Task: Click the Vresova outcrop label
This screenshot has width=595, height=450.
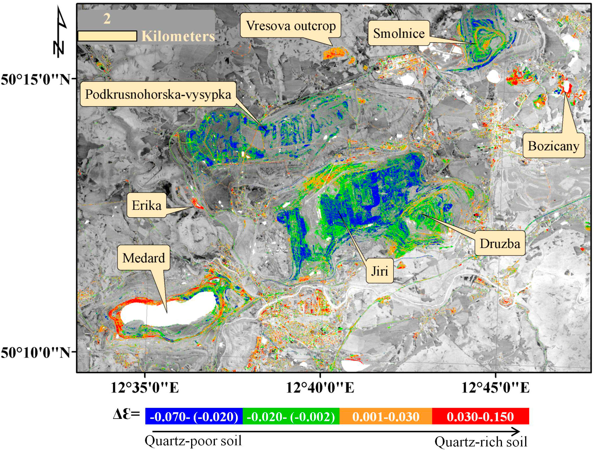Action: click(x=291, y=26)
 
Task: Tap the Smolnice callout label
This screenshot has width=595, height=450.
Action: click(x=399, y=33)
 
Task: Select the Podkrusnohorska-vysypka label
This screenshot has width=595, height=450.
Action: click(x=158, y=94)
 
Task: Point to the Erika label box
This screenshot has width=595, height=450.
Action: click(x=147, y=205)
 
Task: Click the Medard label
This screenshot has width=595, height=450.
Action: click(x=144, y=258)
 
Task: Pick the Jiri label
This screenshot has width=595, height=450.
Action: click(x=380, y=271)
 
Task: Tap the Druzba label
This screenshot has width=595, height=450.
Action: click(x=500, y=243)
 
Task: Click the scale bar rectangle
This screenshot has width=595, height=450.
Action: click(x=107, y=36)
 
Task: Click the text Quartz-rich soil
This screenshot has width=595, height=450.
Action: click(x=481, y=442)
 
